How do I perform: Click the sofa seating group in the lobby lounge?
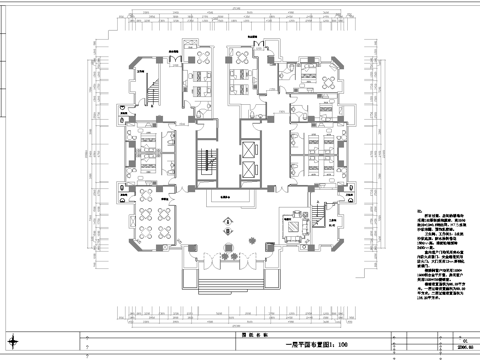pyautogui.click(x=293, y=228)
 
